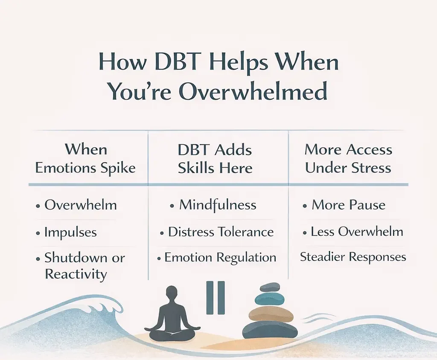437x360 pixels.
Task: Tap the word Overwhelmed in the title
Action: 253,91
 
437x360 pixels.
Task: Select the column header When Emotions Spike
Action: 85,158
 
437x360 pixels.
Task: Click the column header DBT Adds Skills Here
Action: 215,158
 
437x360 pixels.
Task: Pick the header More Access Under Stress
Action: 348,158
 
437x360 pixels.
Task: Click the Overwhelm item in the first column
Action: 80,205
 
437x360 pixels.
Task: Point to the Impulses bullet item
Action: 70,232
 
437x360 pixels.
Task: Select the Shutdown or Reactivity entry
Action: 84,266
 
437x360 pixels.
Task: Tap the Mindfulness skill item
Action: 217,205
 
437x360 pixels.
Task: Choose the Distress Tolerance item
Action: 221,232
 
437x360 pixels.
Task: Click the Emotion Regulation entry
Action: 220,258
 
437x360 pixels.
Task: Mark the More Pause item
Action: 348,205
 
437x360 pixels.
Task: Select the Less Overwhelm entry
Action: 357,232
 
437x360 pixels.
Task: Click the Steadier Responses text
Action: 353,257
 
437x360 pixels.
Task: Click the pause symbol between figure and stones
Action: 216,297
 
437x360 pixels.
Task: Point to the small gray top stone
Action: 270,287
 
